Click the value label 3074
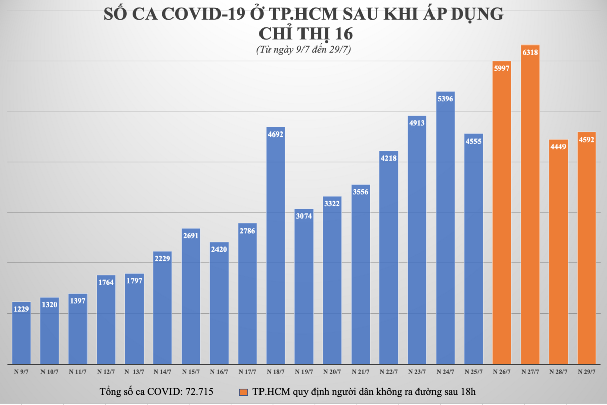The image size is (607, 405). tap(304, 216)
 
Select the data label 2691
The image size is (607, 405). tap(191, 236)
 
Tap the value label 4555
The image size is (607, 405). tap(474, 141)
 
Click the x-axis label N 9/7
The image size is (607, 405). tap(21, 372)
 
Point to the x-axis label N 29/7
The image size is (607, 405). tap(587, 372)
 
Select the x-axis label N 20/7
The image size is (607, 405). tap(332, 372)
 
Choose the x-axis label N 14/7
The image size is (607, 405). tap(162, 372)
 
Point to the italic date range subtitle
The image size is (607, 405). tap(303, 50)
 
